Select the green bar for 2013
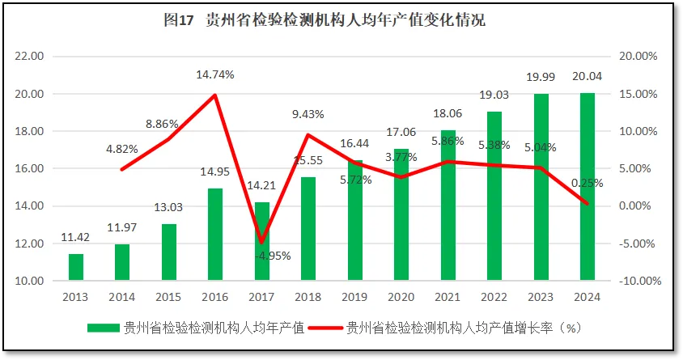pos(75,267)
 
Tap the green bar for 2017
pos(262,241)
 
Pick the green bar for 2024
pos(588,187)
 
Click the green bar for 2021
pos(448,205)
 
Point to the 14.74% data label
pos(215,74)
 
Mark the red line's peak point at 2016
pos(215,95)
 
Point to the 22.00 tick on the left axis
pos(30,57)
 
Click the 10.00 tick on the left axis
pos(30,281)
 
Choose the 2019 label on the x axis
pos(355,297)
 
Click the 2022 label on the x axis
pos(494,297)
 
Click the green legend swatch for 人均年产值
pos(102,328)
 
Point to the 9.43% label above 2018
pos(308,114)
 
